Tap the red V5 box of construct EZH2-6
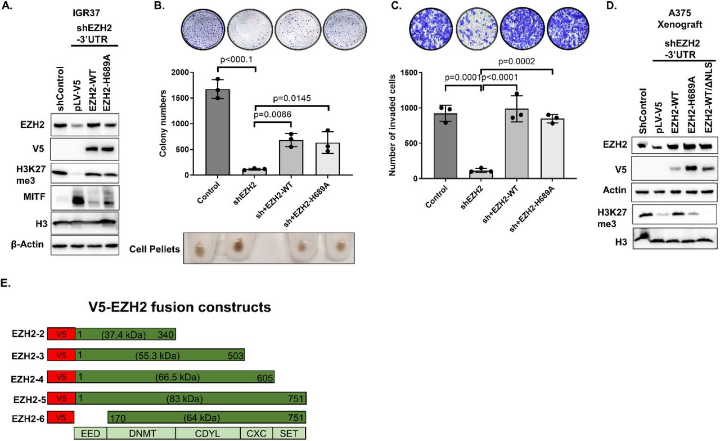(61, 417)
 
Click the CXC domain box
(256, 433)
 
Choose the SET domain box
(289, 433)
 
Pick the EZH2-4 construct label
(28, 377)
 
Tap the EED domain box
(86, 433)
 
